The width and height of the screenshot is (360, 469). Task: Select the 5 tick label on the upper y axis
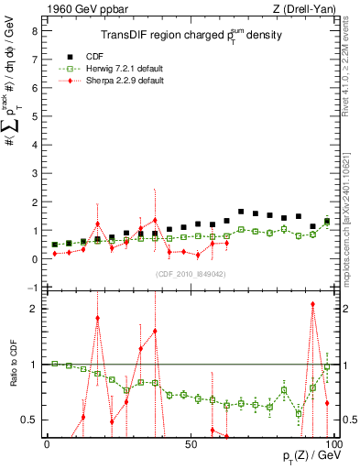coord(34,116)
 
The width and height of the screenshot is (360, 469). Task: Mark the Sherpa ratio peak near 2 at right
coord(312,305)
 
